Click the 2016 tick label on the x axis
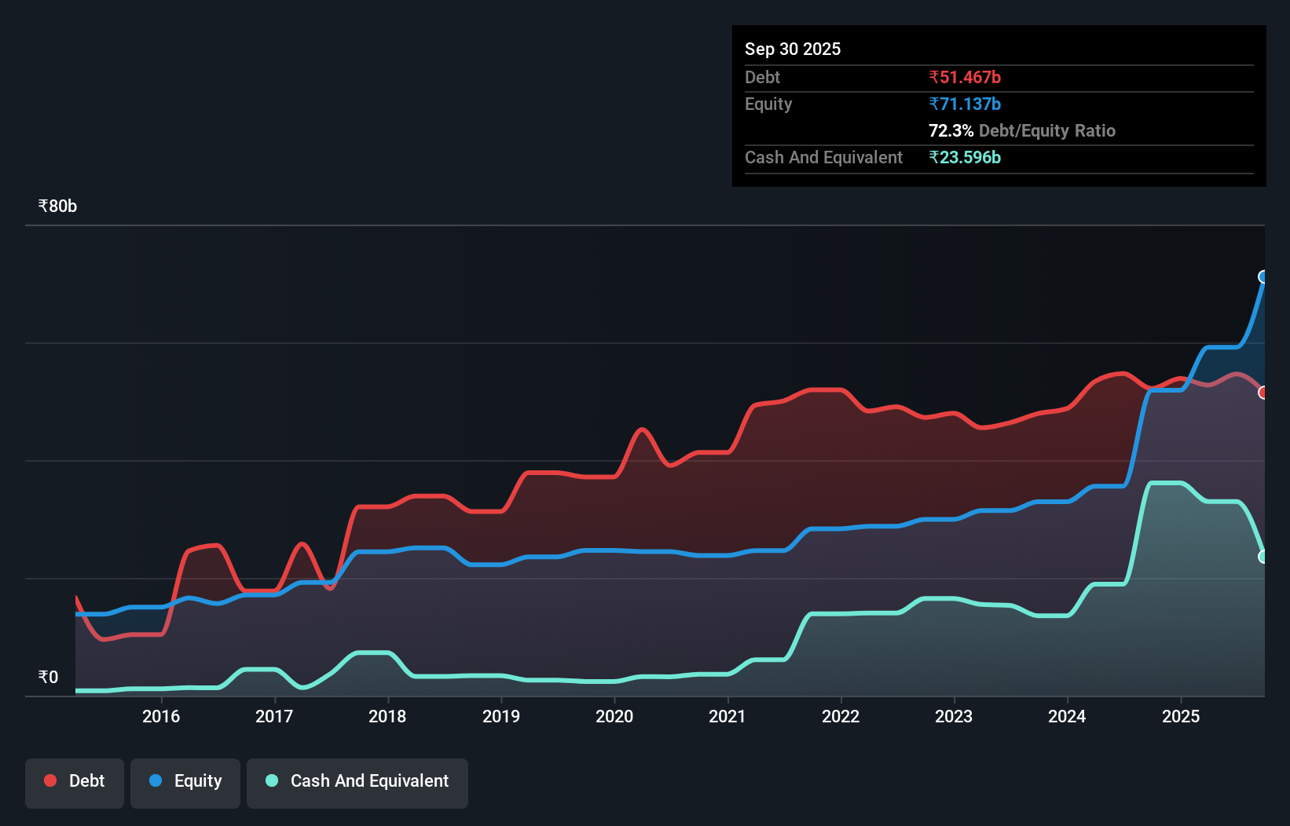pyautogui.click(x=161, y=716)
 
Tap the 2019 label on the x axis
pyautogui.click(x=501, y=716)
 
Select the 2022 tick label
pyautogui.click(x=841, y=716)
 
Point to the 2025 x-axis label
pyautogui.click(x=1181, y=716)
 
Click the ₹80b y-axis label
pyautogui.click(x=57, y=206)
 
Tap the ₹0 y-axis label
pyautogui.click(x=48, y=677)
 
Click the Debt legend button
pyautogui.click(x=75, y=781)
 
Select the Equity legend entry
pyautogui.click(x=185, y=781)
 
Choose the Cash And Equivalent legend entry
pyautogui.click(x=357, y=781)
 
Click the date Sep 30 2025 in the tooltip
pyautogui.click(x=793, y=49)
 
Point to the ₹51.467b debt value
pyautogui.click(x=965, y=77)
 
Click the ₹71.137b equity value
pyautogui.click(x=965, y=104)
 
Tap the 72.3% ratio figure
pyautogui.click(x=951, y=130)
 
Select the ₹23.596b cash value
pyautogui.click(x=965, y=157)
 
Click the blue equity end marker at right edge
pyautogui.click(x=1263, y=276)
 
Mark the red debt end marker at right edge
pyautogui.click(x=1263, y=393)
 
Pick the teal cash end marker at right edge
pyautogui.click(x=1263, y=557)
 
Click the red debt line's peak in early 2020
pyautogui.click(x=643, y=429)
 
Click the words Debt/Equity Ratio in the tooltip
pyautogui.click(x=1047, y=130)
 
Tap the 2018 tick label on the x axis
pyautogui.click(x=387, y=716)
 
